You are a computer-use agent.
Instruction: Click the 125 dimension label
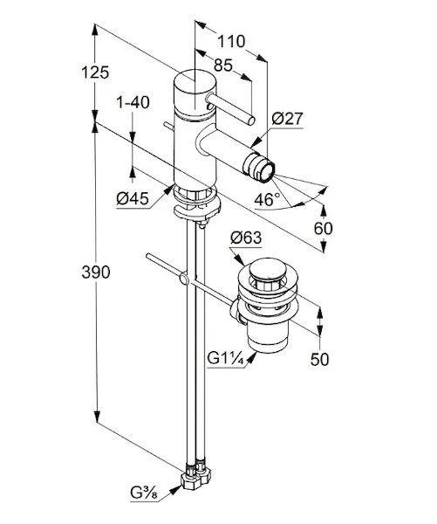point(95,72)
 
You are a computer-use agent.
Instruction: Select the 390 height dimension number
point(96,272)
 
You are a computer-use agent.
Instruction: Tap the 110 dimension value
point(231,41)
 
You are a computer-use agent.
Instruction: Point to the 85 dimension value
point(223,65)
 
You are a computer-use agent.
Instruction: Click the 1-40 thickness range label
point(133,102)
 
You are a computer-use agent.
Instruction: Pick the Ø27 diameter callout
point(287,118)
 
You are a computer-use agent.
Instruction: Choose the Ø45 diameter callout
point(133,199)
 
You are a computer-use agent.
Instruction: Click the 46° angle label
point(267,199)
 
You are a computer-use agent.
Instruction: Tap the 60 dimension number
point(323,229)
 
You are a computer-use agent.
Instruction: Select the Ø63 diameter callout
point(246,238)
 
